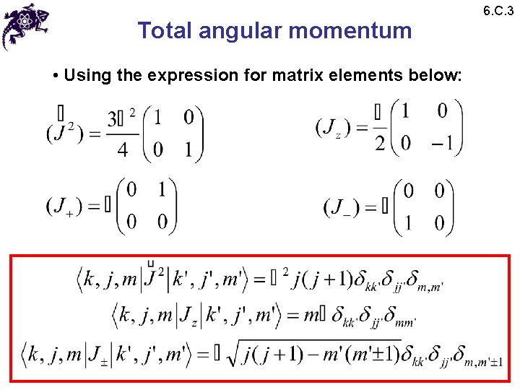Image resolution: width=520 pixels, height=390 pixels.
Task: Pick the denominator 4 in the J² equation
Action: point(122,151)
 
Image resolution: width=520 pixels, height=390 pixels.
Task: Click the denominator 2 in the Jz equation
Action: point(380,144)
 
